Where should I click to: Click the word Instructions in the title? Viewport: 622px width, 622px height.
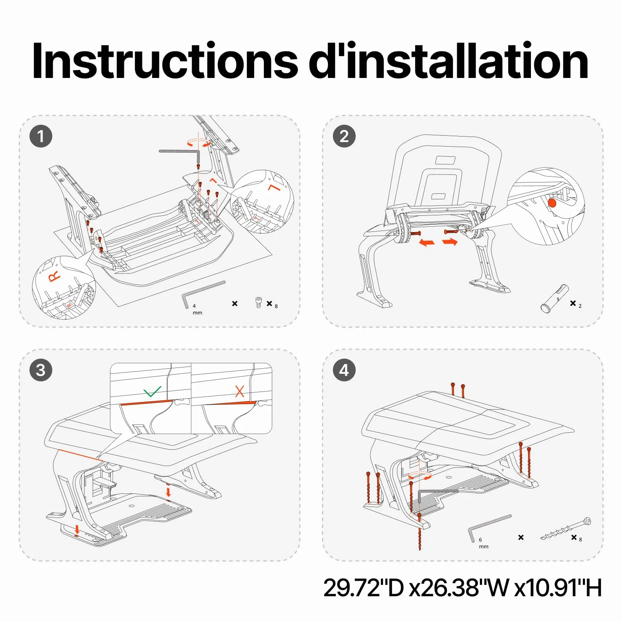[x=165, y=61]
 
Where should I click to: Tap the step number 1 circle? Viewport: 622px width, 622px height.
[x=41, y=136]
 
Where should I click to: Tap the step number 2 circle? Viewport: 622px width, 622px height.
[x=344, y=136]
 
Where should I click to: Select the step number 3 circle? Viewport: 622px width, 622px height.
[x=41, y=370]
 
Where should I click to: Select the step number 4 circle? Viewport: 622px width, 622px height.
[x=344, y=370]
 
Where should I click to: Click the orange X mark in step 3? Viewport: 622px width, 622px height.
[x=240, y=391]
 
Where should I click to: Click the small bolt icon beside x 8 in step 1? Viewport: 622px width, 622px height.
[x=259, y=303]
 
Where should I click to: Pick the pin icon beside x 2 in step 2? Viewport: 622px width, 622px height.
[x=555, y=299]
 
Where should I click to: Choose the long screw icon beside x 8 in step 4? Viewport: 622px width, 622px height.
[x=566, y=529]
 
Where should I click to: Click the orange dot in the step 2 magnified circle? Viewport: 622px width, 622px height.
[x=552, y=203]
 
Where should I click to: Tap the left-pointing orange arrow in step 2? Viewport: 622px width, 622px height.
[x=427, y=243]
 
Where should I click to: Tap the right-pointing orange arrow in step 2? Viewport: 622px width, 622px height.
[x=450, y=242]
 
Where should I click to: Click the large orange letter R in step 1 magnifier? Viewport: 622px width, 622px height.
[x=55, y=276]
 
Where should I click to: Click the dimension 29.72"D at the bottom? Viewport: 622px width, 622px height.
[x=364, y=587]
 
